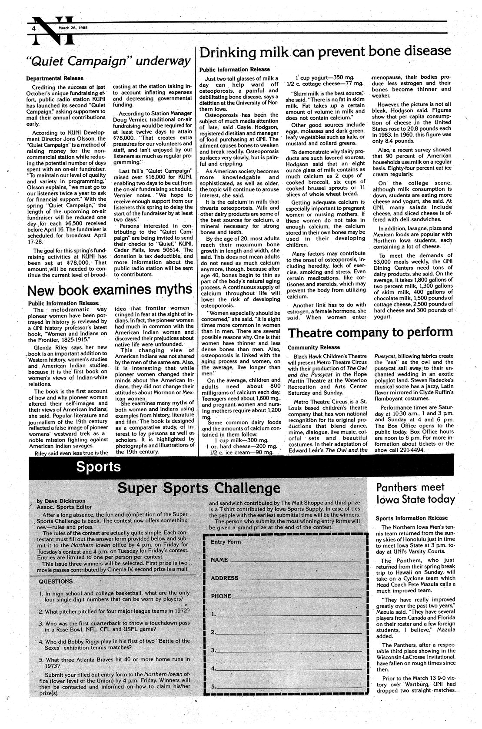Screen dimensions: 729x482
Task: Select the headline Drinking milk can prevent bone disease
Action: click(325, 52)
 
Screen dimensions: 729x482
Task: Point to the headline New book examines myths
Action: click(110, 289)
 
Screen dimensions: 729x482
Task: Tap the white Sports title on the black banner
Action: click(98, 466)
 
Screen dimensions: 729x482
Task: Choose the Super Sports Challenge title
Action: click(199, 487)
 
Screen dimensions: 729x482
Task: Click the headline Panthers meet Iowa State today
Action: click(416, 493)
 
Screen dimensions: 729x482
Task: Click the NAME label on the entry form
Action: click(220, 560)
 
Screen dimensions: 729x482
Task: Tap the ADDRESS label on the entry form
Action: click(225, 578)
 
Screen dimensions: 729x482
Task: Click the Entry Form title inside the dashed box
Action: click(226, 542)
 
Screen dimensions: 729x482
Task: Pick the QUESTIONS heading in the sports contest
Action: click(56, 581)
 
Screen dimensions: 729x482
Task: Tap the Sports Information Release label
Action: click(411, 518)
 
